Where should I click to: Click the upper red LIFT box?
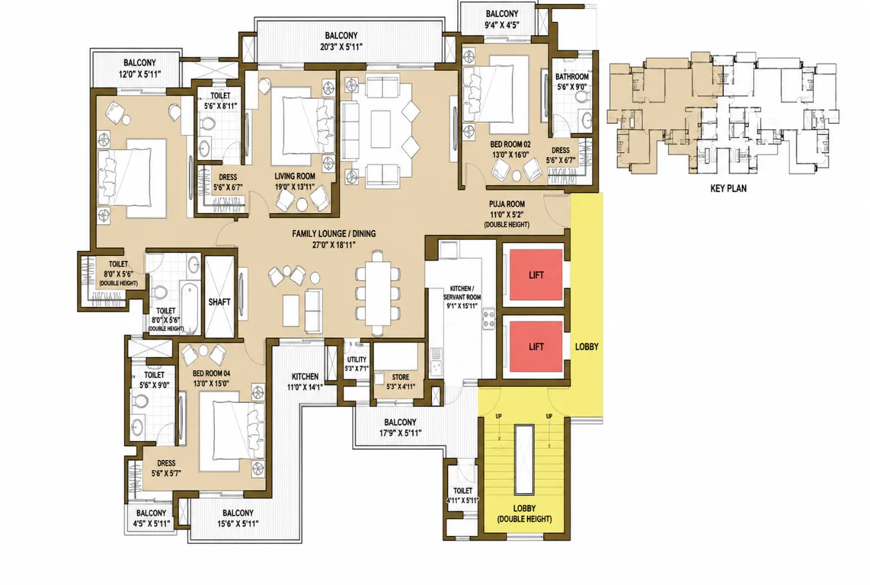(x=536, y=275)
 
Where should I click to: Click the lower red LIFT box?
(x=536, y=346)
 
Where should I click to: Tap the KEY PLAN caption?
(x=728, y=188)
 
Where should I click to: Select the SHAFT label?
(x=219, y=302)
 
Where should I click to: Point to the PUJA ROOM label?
(x=506, y=204)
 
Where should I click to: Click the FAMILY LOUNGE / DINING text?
(x=334, y=234)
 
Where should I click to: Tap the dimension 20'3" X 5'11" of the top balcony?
(x=341, y=47)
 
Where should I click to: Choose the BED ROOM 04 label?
(x=211, y=373)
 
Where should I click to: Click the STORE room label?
(x=400, y=377)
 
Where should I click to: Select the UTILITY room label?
(x=357, y=359)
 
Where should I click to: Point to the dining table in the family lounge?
(x=378, y=293)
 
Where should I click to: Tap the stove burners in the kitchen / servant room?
(x=488, y=319)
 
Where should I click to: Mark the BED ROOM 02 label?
(x=510, y=144)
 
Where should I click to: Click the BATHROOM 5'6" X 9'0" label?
(x=572, y=81)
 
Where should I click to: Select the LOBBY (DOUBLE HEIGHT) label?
(x=524, y=514)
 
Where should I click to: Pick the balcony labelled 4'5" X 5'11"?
(x=151, y=518)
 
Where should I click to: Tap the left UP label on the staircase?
(x=498, y=416)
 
